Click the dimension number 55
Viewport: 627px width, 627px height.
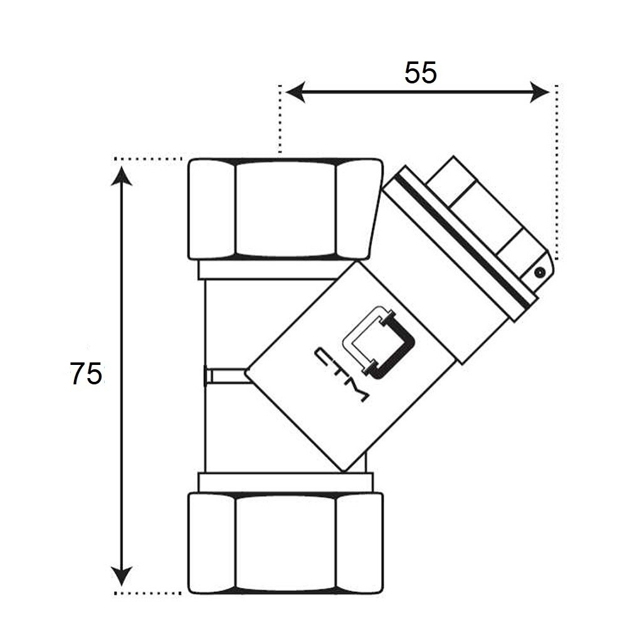(x=421, y=73)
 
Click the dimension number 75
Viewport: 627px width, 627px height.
(x=85, y=374)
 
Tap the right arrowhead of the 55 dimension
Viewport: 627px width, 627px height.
(x=540, y=92)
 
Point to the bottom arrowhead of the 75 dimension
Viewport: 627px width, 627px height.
(x=122, y=574)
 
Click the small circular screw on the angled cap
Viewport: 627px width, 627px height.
(x=540, y=273)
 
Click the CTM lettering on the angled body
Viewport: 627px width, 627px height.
(x=342, y=374)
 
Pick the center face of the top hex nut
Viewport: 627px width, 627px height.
(x=285, y=209)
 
